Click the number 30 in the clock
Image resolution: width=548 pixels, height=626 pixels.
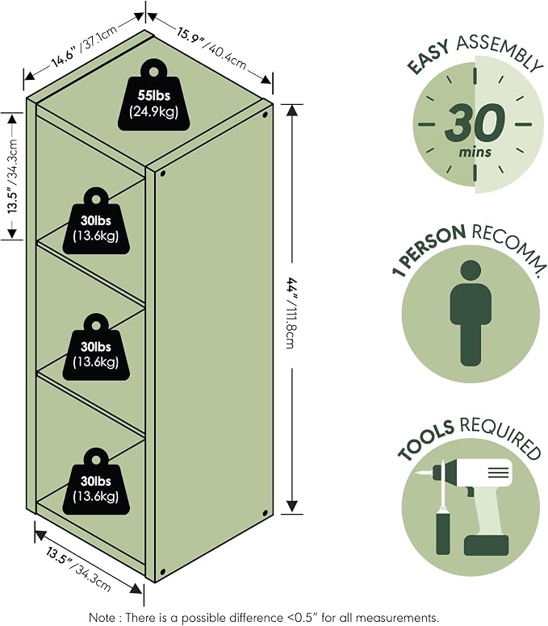475,123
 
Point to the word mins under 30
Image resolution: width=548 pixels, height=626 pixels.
475,152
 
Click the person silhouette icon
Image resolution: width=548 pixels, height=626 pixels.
471,313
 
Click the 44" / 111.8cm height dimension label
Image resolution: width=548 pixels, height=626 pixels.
292,314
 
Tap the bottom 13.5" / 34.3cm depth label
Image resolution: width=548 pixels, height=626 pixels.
78,570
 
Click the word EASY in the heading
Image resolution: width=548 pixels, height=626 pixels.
429,56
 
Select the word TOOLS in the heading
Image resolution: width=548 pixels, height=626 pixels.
426,440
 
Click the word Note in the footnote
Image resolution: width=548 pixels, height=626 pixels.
101,618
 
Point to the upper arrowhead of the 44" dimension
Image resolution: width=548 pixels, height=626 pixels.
292,111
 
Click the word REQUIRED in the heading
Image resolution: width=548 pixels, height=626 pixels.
500,437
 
